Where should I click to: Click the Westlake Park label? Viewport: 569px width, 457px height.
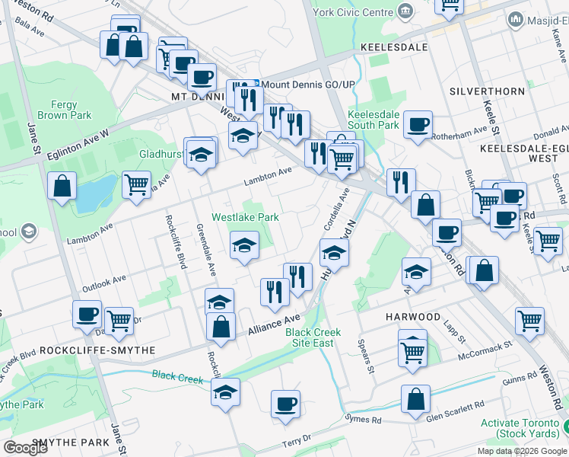point(245,217)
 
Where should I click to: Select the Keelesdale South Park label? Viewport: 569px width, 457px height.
point(373,119)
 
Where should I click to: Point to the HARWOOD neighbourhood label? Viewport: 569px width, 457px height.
point(412,316)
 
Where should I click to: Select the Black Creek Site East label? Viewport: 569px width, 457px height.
point(313,337)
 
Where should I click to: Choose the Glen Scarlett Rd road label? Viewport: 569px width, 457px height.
point(455,411)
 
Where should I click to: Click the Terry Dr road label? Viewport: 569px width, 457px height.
point(297,440)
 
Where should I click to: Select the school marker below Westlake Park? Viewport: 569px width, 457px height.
point(244,245)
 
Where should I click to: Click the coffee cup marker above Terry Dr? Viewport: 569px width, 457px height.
point(285,404)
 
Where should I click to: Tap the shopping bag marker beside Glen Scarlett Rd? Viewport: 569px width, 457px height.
point(415,399)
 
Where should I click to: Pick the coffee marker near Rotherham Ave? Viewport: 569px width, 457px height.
point(418,124)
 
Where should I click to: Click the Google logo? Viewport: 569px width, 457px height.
point(26,447)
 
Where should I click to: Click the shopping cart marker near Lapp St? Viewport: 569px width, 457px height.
point(529,321)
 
